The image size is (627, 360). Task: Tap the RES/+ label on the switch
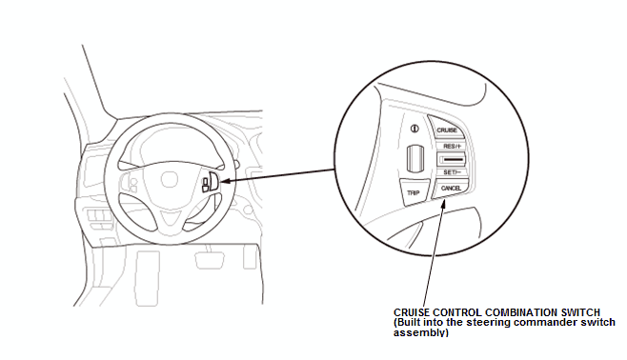(x=453, y=147)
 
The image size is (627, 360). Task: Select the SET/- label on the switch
(x=453, y=172)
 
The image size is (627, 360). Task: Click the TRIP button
(x=414, y=192)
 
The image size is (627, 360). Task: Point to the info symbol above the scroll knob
(x=415, y=129)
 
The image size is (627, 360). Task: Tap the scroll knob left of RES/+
(x=415, y=159)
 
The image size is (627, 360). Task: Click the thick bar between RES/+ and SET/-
(x=453, y=160)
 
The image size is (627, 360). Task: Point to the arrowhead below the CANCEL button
(x=443, y=205)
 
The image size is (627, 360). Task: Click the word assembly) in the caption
(x=420, y=332)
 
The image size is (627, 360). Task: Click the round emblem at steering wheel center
(x=170, y=179)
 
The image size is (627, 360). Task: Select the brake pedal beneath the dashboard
(x=209, y=260)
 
